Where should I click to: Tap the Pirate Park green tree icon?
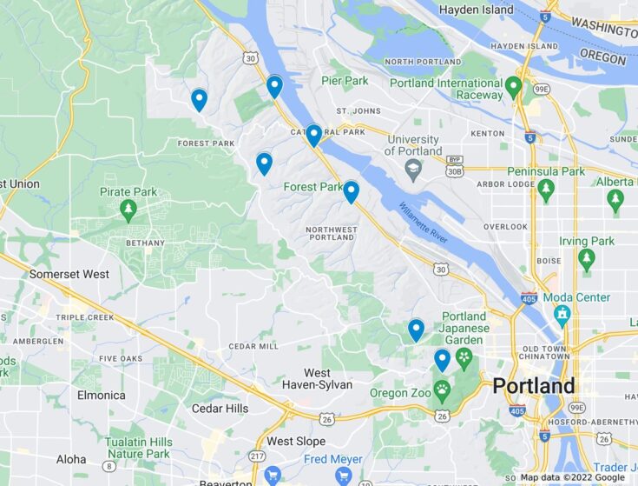tap(128, 210)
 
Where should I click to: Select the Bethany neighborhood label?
tap(144, 243)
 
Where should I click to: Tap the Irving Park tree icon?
tap(587, 258)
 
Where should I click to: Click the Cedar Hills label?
tap(220, 409)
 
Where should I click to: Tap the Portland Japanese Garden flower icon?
tap(464, 356)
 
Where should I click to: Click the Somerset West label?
tap(69, 274)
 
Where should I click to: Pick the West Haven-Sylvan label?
tap(317, 379)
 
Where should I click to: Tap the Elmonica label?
tap(101, 395)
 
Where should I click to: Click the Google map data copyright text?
tap(572, 477)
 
